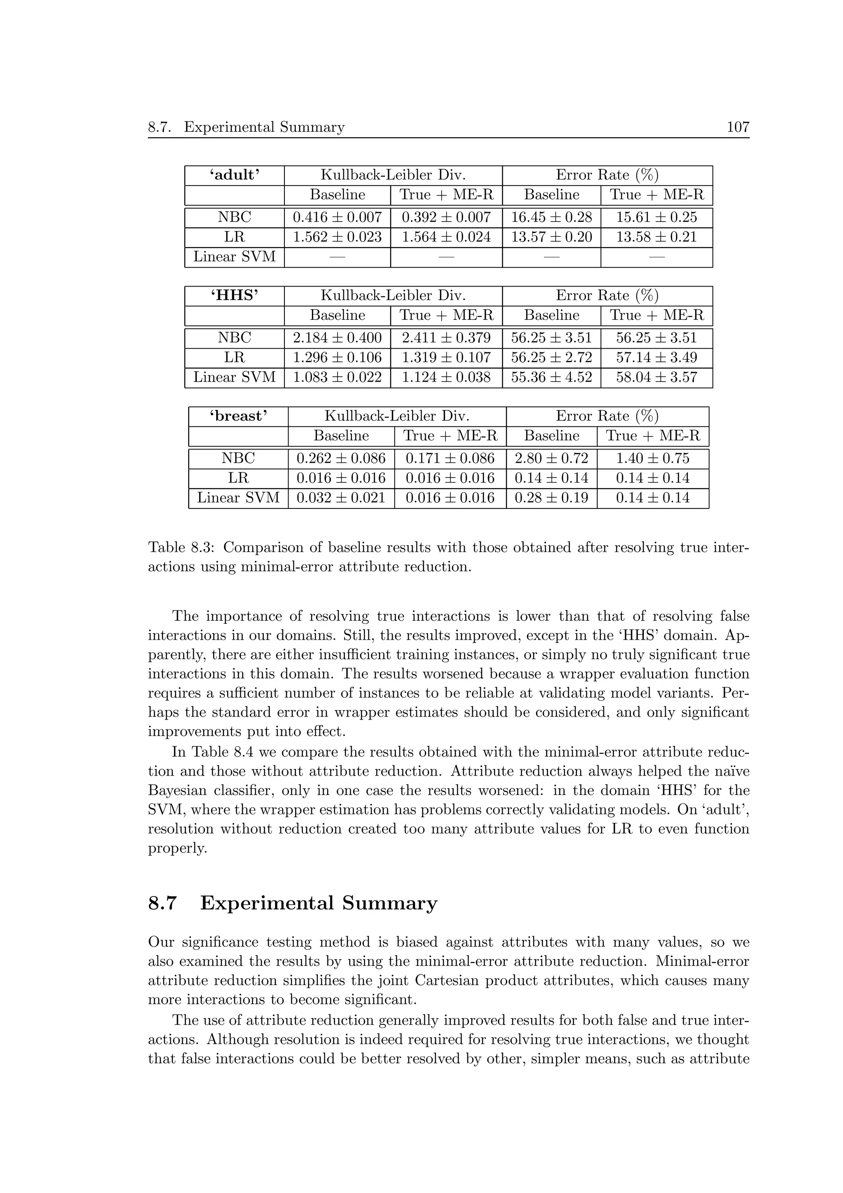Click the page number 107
[738, 127]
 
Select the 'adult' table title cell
[234, 175]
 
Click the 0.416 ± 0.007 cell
[337, 218]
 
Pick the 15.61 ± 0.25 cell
[657, 218]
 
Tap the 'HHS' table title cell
[234, 296]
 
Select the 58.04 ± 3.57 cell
[657, 377]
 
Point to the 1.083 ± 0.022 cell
[337, 377]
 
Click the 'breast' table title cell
[238, 416]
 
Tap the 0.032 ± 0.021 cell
[341, 498]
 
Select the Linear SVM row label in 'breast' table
[238, 498]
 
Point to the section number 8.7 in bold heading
[163, 904]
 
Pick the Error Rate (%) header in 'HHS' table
[607, 296]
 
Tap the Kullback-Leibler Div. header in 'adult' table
[393, 175]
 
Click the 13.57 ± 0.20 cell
[551, 238]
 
